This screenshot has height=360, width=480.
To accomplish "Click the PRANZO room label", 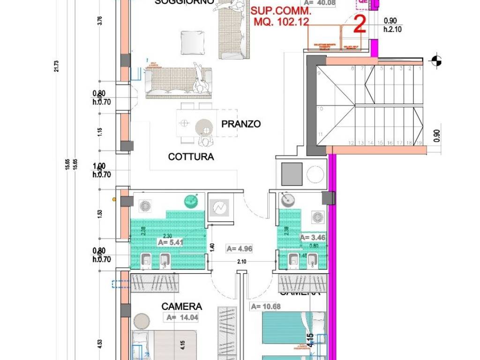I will (241, 124).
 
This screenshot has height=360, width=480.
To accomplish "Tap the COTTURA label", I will (191, 157).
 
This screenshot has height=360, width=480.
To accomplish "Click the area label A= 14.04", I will (182, 317).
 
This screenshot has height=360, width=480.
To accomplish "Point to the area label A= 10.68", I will (266, 307).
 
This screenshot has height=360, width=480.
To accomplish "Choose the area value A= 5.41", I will (170, 243).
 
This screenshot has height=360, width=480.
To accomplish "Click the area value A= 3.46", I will (313, 238).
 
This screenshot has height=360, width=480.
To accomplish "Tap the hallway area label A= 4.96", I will (239, 248).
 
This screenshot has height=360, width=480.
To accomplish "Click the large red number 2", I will (359, 24).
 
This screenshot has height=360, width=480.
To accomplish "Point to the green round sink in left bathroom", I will (191, 201).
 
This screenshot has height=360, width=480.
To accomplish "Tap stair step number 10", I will (320, 109).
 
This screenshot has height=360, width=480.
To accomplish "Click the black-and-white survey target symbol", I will (436, 60).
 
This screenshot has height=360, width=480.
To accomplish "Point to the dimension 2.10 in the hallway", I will (242, 262).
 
